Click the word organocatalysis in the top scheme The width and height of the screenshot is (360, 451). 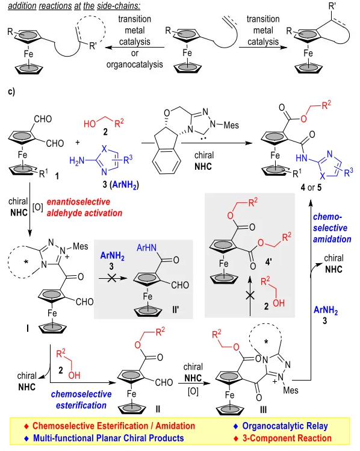click(x=135, y=64)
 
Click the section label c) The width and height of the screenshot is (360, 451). click(x=11, y=92)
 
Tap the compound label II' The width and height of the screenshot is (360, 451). click(x=176, y=309)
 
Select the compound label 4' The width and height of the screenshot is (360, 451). click(x=268, y=262)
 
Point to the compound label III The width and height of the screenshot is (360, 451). click(x=263, y=409)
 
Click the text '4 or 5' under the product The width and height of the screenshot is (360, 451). click(x=311, y=187)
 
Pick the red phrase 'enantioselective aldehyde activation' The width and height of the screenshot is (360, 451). click(x=84, y=207)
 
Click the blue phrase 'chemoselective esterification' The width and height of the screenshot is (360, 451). click(x=81, y=399)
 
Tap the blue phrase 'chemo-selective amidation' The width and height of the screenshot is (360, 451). click(x=332, y=228)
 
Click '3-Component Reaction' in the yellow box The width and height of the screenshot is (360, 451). click(x=287, y=438)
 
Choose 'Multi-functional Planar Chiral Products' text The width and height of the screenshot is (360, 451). click(x=108, y=438)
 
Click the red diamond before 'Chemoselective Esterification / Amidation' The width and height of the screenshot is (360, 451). click(x=26, y=426)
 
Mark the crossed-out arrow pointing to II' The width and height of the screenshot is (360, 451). click(x=113, y=278)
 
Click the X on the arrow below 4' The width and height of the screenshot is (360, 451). click(x=250, y=296)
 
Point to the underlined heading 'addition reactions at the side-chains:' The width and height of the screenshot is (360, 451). click(x=74, y=6)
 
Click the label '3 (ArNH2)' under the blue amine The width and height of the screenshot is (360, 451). click(x=121, y=184)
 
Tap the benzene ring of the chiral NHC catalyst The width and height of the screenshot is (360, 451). click(x=167, y=161)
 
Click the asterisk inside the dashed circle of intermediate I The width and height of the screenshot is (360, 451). click(x=26, y=262)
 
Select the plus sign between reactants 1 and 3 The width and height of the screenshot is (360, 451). click(x=78, y=142)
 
